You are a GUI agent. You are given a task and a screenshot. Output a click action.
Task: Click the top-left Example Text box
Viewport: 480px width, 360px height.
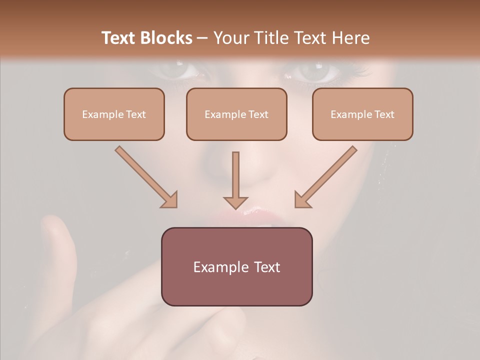point(114,114)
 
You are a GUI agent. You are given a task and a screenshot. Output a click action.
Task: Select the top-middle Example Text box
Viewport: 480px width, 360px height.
point(236,114)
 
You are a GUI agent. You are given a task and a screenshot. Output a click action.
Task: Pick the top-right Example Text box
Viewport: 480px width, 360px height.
point(362,114)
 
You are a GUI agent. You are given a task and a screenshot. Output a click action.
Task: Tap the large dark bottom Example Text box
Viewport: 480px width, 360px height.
point(236,266)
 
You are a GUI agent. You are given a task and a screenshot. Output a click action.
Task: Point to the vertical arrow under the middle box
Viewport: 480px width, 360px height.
point(235,175)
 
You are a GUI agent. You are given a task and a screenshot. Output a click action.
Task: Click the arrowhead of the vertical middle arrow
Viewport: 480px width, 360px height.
point(235,202)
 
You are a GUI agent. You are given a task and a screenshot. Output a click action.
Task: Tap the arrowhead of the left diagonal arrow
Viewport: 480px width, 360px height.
point(170,200)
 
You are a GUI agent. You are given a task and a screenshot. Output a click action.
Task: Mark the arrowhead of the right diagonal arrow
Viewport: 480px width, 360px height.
point(301,200)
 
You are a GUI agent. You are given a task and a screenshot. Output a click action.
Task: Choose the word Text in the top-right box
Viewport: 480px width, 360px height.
point(383,114)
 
